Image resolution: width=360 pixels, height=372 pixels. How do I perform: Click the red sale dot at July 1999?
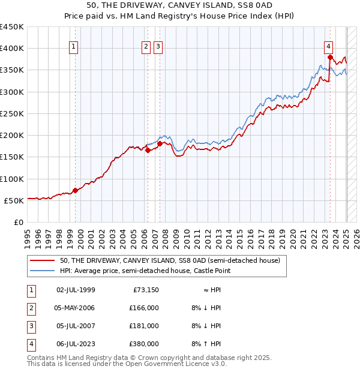(x=75, y=190)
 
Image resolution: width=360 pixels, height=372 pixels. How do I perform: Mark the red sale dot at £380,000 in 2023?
(x=331, y=58)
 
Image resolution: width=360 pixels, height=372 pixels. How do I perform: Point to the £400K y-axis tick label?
(x=12, y=49)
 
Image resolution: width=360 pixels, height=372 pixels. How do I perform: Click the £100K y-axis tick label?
(x=12, y=179)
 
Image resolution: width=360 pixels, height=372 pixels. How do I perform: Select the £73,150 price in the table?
(x=145, y=290)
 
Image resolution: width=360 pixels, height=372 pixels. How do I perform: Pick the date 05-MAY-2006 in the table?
(x=76, y=308)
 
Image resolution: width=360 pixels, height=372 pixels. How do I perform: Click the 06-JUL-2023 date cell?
(x=76, y=344)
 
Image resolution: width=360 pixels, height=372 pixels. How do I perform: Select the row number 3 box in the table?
(x=29, y=326)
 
